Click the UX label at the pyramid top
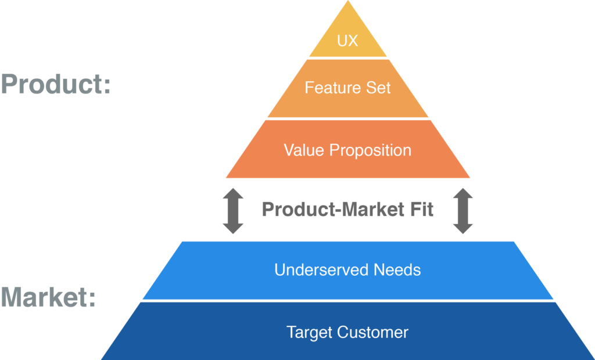pos(347,42)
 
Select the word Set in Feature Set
pos(379,88)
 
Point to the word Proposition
pos(370,150)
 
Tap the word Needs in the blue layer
pos(397,270)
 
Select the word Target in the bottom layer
pos(309,332)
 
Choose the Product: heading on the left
pos(56,85)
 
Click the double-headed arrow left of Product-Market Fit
pos(233,211)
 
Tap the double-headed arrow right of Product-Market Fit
pos(463,211)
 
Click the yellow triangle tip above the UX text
pos(348,15)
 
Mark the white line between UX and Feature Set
pos(347,58)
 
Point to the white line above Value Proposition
pos(347,118)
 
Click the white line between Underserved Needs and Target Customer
pos(347,301)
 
